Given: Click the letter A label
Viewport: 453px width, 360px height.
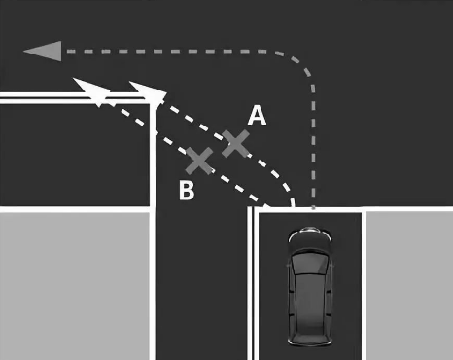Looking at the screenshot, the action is (257, 116).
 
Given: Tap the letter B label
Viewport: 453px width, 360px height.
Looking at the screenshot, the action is (187, 190).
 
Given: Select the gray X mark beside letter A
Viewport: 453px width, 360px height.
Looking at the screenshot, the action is (235, 144).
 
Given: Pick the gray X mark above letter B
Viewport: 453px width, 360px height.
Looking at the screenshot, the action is (199, 161).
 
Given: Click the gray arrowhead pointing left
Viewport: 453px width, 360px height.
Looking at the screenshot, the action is (43, 52).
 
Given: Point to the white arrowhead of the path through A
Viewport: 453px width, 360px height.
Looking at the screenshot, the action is (148, 91).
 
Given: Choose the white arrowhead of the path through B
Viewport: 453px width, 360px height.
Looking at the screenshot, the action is (90, 90).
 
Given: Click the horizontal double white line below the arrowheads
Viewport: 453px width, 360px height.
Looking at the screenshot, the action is (76, 98).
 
